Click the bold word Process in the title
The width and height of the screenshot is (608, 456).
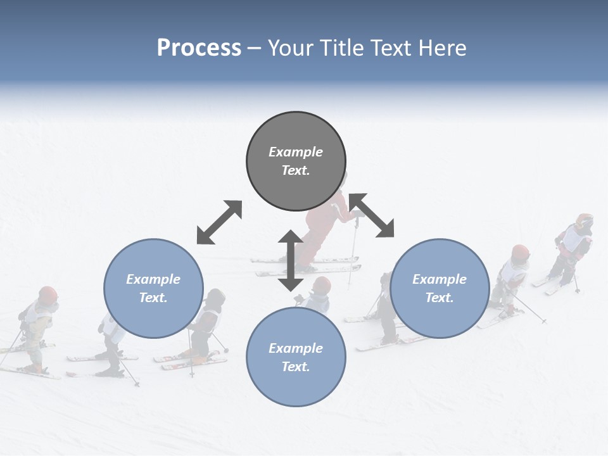(199, 48)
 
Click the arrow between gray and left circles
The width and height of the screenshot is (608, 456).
(219, 222)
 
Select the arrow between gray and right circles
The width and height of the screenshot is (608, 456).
(372, 215)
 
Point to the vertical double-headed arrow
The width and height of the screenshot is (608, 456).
(291, 260)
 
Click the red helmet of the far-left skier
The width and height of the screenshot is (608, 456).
(48, 294)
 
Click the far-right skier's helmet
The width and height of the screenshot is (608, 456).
(584, 221)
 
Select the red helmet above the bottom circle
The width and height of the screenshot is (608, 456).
(322, 285)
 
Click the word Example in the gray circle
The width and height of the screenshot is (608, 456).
(296, 152)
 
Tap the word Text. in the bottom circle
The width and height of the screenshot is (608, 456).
(296, 367)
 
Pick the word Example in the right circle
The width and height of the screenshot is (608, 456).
(440, 279)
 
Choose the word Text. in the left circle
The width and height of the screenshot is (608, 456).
(153, 298)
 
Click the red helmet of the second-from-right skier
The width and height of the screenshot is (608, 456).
(520, 253)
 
